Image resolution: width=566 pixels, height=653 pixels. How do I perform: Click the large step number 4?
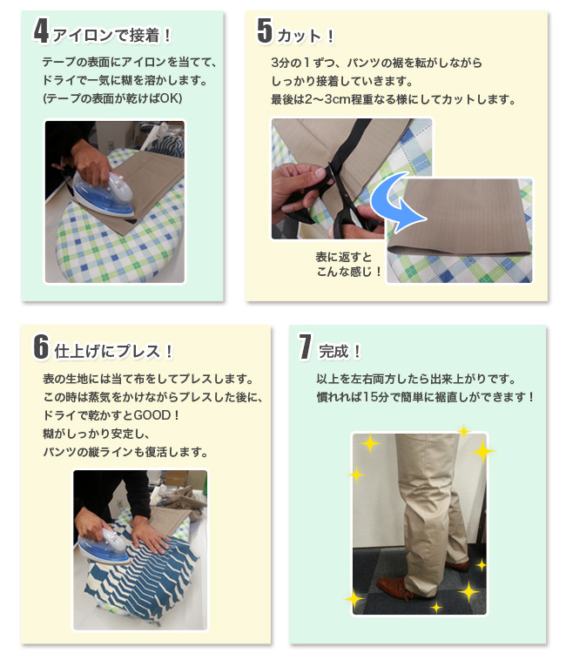41,30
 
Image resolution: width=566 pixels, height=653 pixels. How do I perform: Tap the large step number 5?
265,30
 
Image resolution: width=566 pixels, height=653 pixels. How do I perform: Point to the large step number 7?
305,346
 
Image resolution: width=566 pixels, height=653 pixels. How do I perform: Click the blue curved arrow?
394,202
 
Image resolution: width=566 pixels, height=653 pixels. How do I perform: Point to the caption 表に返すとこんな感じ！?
349,264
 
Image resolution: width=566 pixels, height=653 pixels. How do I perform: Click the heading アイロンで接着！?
112,35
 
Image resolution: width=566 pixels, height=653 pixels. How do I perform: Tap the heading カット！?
306,36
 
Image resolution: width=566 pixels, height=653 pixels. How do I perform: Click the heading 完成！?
340,351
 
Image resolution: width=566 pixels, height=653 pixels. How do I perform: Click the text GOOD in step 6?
152,415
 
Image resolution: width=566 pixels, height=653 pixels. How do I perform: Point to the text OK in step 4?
169,98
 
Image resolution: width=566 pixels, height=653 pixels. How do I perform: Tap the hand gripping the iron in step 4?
91,164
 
